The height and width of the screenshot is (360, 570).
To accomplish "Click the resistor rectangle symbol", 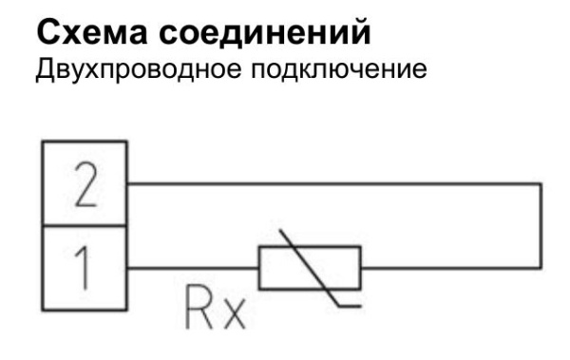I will click(310, 267).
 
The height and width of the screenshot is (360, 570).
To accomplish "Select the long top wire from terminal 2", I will click(332, 183).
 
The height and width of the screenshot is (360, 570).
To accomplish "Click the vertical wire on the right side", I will click(541, 225).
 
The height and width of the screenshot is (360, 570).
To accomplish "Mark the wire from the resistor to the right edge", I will click(450, 267).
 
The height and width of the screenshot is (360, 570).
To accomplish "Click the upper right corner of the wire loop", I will click(541, 183).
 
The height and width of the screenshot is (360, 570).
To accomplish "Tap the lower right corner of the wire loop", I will click(541, 267).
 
